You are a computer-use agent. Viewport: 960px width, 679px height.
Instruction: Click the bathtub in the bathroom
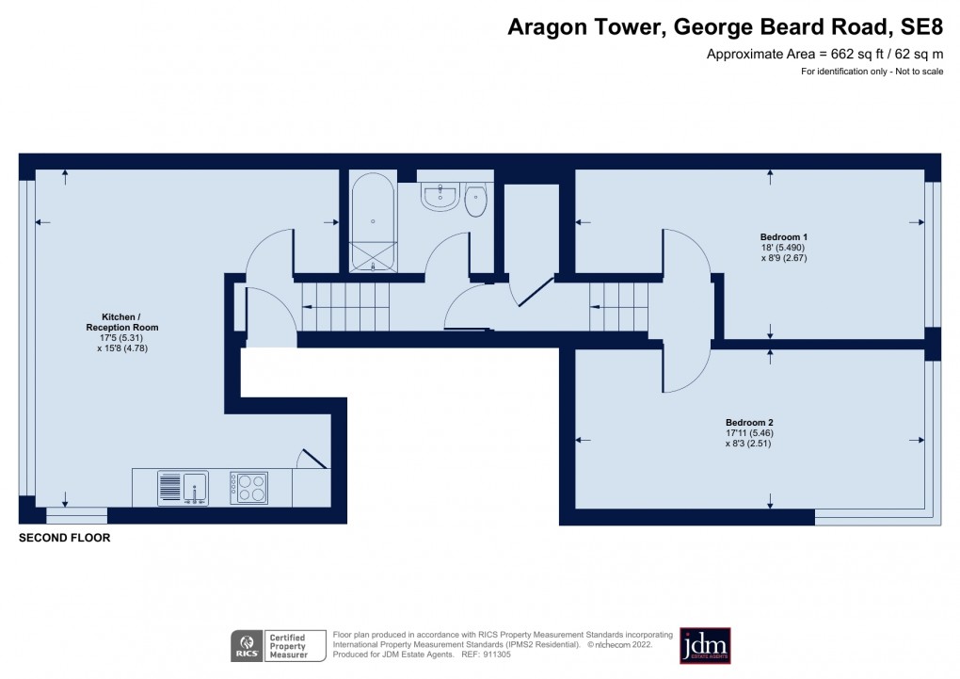click(x=374, y=221)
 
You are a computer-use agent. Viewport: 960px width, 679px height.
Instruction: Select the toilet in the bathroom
click(x=477, y=198)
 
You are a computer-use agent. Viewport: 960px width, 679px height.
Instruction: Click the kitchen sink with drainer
click(x=184, y=488)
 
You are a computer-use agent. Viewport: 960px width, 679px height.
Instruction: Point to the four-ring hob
click(x=249, y=488)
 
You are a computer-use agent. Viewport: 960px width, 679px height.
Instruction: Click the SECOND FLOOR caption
click(x=65, y=539)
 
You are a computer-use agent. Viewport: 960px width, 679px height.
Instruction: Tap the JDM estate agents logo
click(x=705, y=645)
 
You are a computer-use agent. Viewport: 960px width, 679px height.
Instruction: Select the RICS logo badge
click(x=248, y=646)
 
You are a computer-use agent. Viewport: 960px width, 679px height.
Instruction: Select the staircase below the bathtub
click(x=344, y=307)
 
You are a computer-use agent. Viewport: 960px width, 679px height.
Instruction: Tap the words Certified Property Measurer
click(x=288, y=646)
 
